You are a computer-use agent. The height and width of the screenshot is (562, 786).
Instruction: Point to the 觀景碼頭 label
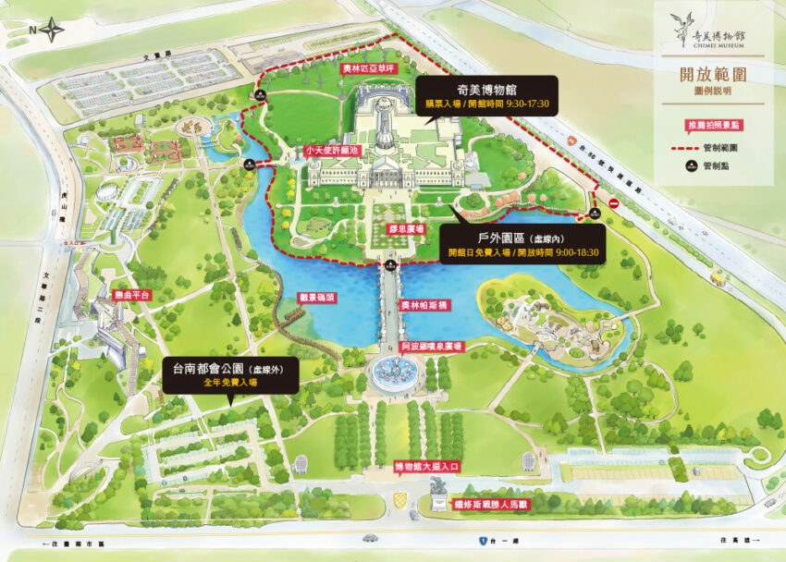pyautogui.click(x=316, y=298)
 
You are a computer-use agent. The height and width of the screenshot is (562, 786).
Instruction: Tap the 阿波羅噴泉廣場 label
pyautogui.click(x=433, y=346)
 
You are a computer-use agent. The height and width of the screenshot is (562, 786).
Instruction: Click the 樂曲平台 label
pyautogui.click(x=131, y=295)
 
